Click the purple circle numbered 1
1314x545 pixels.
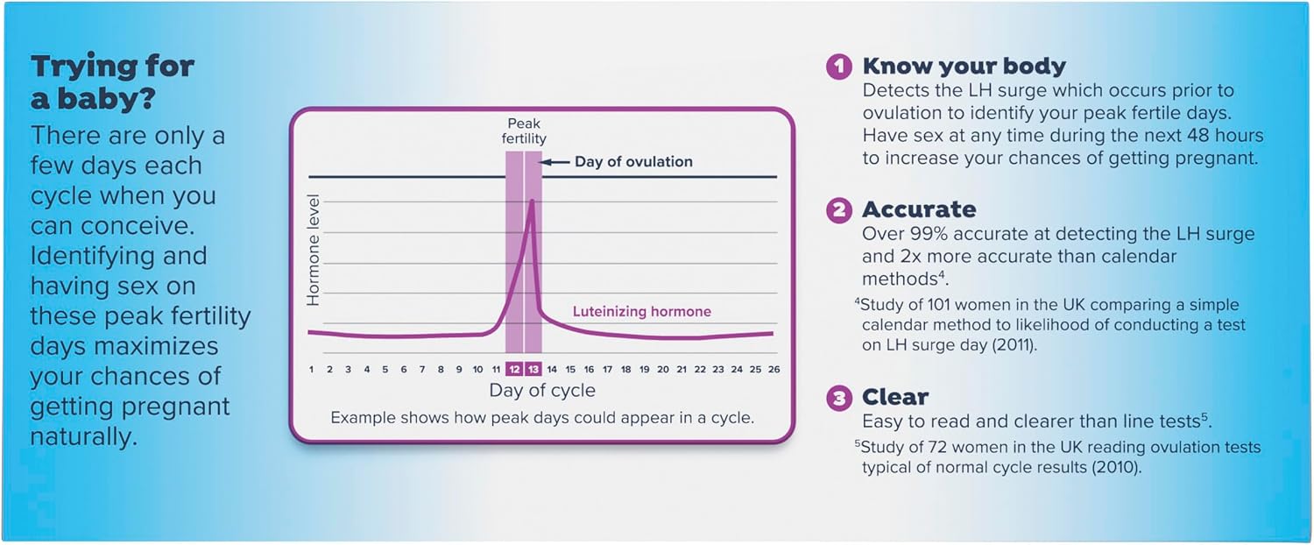click(x=839, y=67)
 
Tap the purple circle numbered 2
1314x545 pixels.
click(x=839, y=210)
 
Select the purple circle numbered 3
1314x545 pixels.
click(x=839, y=399)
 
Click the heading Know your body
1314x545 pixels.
click(x=964, y=67)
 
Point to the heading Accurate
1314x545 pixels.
click(x=919, y=209)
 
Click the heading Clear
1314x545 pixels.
click(x=895, y=397)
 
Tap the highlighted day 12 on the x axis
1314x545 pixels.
click(x=514, y=369)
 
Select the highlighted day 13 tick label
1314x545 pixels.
click(x=533, y=369)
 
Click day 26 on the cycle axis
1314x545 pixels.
click(x=774, y=369)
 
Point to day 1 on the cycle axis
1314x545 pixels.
click(x=312, y=369)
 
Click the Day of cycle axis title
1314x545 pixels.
click(x=542, y=391)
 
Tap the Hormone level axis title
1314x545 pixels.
click(x=314, y=250)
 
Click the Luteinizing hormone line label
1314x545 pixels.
click(x=642, y=311)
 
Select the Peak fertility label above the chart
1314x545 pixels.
click(x=523, y=131)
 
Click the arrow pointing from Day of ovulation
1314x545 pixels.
click(x=555, y=162)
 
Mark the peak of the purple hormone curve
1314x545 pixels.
click(x=532, y=201)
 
